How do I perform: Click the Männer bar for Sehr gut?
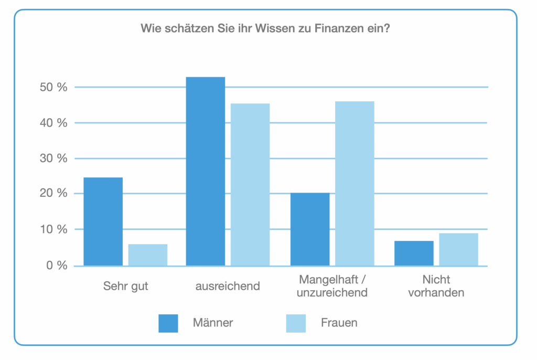(x=103, y=221)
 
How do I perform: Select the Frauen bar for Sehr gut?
(x=148, y=255)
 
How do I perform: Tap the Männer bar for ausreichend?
(x=205, y=171)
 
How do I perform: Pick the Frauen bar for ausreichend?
(x=250, y=184)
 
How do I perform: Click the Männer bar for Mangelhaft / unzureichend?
(x=310, y=229)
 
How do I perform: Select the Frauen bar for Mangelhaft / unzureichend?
(x=355, y=183)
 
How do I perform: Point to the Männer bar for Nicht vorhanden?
(x=414, y=253)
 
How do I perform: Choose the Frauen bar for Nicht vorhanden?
(x=458, y=249)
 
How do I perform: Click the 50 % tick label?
(x=53, y=87)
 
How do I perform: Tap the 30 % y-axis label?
(x=53, y=158)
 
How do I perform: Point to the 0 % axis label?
(x=56, y=266)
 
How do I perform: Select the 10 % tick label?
(x=53, y=229)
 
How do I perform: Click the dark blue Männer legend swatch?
(x=168, y=323)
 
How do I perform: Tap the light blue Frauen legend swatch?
(x=296, y=323)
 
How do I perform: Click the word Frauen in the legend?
(x=339, y=323)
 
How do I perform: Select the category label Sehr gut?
(x=126, y=286)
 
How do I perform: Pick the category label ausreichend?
(x=228, y=286)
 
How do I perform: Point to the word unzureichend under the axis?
(x=332, y=293)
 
